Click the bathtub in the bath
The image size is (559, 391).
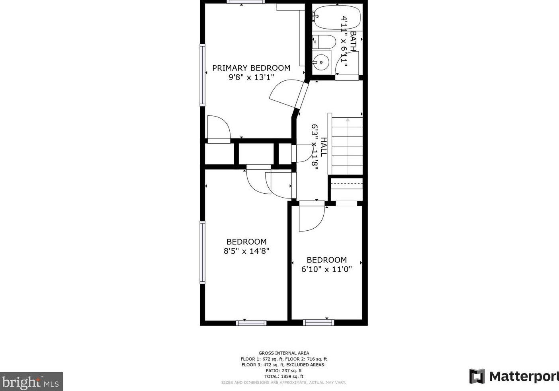click(x=337, y=18)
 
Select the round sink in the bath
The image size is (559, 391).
click(x=321, y=62)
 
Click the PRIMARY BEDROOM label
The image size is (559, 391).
click(x=251, y=68)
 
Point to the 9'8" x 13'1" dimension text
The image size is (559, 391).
click(x=251, y=77)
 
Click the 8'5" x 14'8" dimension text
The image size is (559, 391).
click(x=246, y=251)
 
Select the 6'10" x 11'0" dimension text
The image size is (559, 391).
click(x=326, y=269)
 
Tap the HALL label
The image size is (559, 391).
click(x=323, y=147)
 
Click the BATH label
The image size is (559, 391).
click(x=353, y=41)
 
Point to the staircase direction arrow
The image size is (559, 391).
click(x=347, y=146)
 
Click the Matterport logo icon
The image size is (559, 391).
click(x=477, y=376)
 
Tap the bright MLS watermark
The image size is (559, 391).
click(x=31, y=381)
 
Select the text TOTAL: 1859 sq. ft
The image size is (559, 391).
click(x=284, y=376)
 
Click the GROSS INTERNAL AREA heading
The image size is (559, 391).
click(x=284, y=353)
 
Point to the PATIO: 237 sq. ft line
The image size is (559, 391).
click(x=284, y=371)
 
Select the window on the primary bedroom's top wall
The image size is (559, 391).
click(x=246, y=2)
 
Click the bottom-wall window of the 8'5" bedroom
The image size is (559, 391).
click(x=251, y=323)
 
